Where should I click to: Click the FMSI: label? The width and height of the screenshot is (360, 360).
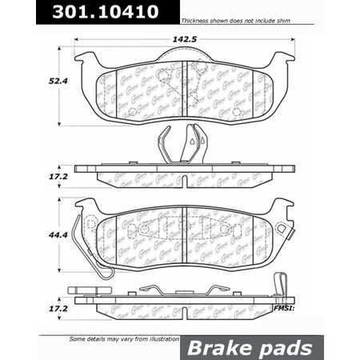[x=284, y=307]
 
